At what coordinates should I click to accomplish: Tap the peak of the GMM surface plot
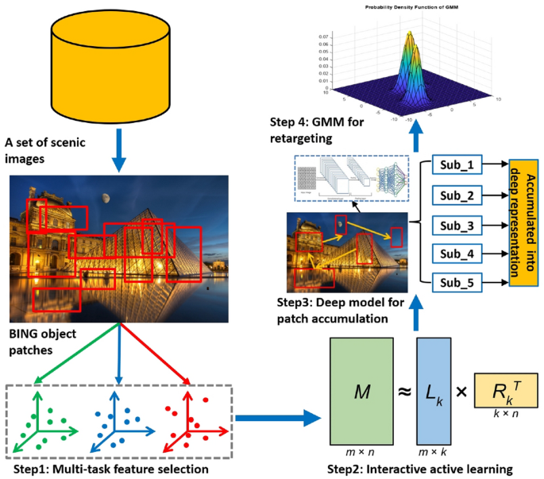click(x=409, y=36)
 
